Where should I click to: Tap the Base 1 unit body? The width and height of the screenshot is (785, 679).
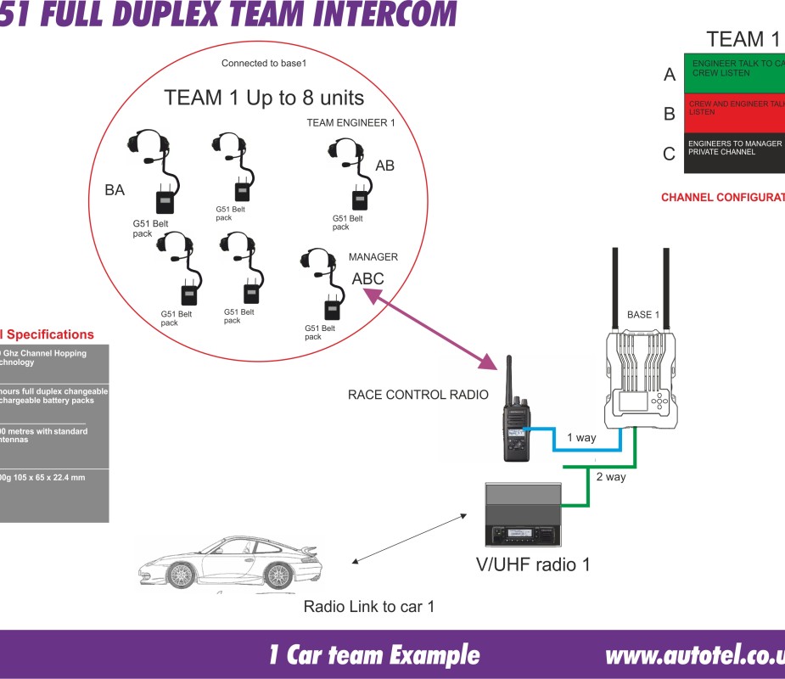[642, 379]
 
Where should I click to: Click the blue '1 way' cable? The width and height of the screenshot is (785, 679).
[586, 447]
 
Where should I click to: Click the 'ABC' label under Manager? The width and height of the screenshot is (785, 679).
[367, 278]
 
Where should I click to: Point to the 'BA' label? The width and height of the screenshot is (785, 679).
[115, 191]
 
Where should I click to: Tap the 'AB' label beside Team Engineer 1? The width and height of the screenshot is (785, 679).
[384, 166]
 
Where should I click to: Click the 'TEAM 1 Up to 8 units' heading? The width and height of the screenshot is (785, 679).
[264, 97]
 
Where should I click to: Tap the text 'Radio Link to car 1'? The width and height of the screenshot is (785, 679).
[371, 607]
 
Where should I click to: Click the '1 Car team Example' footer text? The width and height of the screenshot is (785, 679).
[373, 655]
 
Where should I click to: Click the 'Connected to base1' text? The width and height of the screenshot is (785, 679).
[263, 64]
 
